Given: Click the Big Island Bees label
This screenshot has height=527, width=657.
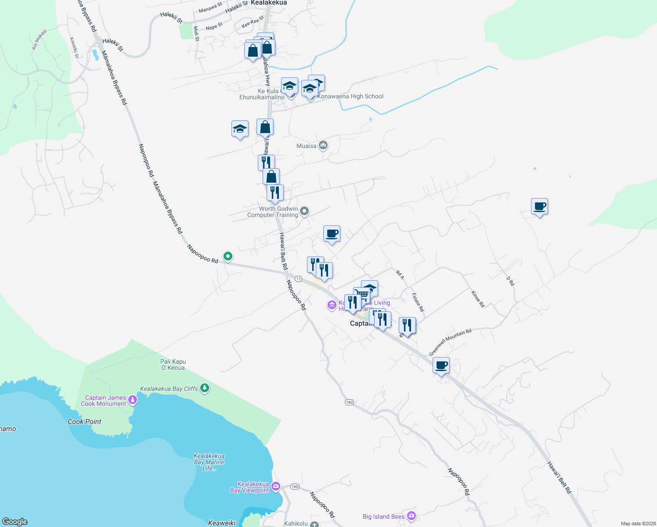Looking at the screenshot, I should click(383, 516).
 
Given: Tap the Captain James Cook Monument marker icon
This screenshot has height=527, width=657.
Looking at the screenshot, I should click(133, 400).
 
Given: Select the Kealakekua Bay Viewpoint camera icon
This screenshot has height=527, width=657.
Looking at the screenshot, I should click(276, 486).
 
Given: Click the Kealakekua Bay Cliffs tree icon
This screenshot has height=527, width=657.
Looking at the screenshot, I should click(204, 388).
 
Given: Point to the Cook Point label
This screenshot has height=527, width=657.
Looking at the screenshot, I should click(84, 422).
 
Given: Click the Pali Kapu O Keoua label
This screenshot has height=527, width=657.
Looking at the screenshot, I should click(173, 365).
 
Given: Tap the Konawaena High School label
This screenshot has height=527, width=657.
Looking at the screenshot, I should click(350, 96).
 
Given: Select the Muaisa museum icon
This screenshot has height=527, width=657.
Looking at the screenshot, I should click(323, 145).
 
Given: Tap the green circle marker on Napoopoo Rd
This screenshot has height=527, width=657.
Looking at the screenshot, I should click(227, 256).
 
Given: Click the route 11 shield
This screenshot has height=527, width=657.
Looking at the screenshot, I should click(299, 279).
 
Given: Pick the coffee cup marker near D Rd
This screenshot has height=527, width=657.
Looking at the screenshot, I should click(539, 206).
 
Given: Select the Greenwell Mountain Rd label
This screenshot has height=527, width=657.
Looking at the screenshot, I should click(450, 342).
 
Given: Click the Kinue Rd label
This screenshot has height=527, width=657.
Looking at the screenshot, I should click(478, 299).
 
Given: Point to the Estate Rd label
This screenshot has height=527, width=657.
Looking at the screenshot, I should click(418, 302).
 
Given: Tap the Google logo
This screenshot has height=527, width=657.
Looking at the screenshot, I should click(15, 522).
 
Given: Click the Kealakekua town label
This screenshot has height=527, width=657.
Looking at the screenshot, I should click(269, 3).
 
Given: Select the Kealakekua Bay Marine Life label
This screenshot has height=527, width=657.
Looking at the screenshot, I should click(209, 462).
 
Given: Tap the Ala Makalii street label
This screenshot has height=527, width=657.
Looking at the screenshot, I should click(39, 40).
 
